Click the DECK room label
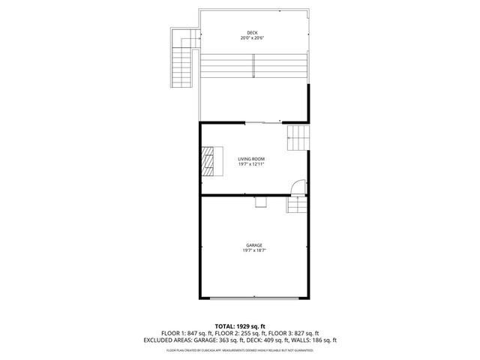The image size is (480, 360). (x=252, y=33)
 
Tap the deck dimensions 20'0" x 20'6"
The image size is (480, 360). (x=252, y=38)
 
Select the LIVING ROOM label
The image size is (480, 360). (x=251, y=159)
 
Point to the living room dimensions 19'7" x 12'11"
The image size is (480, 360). (x=251, y=164)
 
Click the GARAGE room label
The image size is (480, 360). (x=253, y=245)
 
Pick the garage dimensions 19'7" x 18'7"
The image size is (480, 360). (x=253, y=250)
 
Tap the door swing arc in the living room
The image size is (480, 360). (x=298, y=186)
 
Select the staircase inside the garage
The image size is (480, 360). (x=297, y=204)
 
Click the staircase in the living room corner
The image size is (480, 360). (x=298, y=138)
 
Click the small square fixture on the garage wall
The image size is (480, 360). (x=260, y=200)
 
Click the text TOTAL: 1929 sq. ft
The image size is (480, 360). (x=240, y=326)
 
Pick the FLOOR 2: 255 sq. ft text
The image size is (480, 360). (x=240, y=333)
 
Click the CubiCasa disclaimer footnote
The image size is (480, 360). (x=240, y=349)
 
